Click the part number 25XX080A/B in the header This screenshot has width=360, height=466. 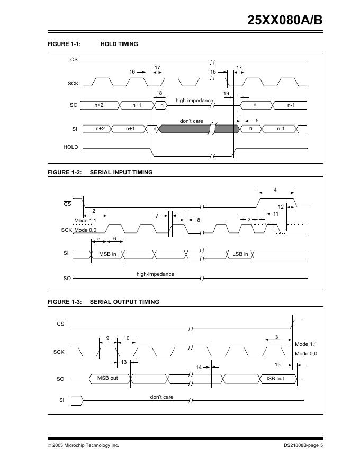pyautogui.click(x=285, y=20)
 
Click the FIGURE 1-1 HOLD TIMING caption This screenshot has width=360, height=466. pyautogui.click(x=93, y=44)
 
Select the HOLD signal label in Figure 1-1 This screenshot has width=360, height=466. pyautogui.click(x=70, y=147)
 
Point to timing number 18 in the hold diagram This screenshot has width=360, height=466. pyautogui.click(x=159, y=93)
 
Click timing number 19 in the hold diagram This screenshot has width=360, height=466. pyautogui.click(x=226, y=93)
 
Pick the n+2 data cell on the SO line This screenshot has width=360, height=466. pyautogui.click(x=99, y=105)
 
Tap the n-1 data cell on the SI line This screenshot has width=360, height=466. pyautogui.click(x=281, y=129)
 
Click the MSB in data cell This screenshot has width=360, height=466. pyautogui.click(x=107, y=254)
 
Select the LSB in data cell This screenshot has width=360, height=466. pyautogui.click(x=240, y=254)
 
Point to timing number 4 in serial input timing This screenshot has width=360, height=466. pyautogui.click(x=275, y=190)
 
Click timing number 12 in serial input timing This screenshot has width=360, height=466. pyautogui.click(x=281, y=207)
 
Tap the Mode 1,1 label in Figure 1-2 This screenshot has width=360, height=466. pyautogui.click(x=85, y=220)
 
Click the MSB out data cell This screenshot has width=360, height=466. pyautogui.click(x=107, y=378)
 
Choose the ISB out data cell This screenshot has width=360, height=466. pyautogui.click(x=275, y=378)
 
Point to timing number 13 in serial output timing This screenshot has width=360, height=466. pyautogui.click(x=123, y=362)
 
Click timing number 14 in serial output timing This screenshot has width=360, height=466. pyautogui.click(x=199, y=367)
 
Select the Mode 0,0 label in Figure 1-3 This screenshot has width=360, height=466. pyautogui.click(x=306, y=353)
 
